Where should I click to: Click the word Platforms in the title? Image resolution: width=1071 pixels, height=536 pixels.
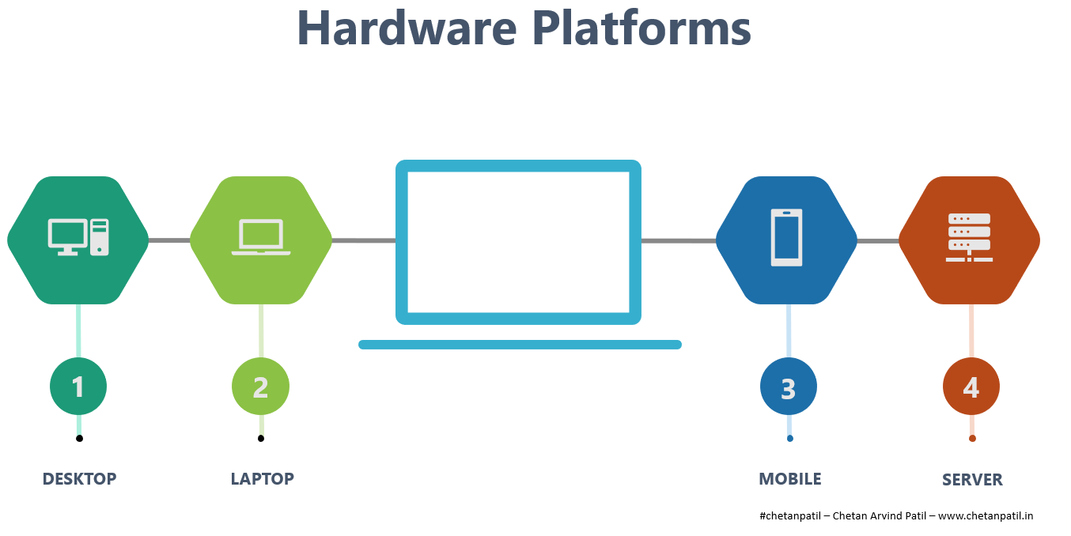point(642,28)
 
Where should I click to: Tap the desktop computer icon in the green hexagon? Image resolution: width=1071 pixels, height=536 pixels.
point(78,237)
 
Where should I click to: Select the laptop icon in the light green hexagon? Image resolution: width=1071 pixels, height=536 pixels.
point(261,237)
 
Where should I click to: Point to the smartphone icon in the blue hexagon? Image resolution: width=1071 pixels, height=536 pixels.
point(786,237)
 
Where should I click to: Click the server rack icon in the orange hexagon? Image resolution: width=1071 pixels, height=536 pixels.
point(969,237)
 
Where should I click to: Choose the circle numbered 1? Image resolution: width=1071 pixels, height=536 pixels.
point(78,387)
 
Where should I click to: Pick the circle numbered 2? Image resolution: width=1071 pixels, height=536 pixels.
point(260,387)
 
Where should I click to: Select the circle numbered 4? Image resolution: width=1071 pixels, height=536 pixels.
point(971,387)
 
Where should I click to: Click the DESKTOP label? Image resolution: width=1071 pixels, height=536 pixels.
point(79,479)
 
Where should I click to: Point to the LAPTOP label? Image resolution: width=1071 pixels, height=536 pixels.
point(262,479)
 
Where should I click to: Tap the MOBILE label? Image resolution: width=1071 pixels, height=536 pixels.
point(789,479)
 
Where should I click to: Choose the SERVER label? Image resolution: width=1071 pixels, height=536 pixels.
point(972,480)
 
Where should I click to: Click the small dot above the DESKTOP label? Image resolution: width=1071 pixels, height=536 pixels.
point(79,438)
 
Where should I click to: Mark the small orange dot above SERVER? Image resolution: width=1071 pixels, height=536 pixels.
point(972,438)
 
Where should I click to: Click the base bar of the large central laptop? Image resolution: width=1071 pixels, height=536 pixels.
point(520,345)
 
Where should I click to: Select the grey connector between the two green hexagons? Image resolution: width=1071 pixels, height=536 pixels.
point(169,240)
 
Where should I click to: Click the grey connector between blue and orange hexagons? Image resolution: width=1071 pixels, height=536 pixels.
point(878,240)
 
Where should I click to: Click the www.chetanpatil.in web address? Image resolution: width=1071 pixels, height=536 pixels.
point(986,516)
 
